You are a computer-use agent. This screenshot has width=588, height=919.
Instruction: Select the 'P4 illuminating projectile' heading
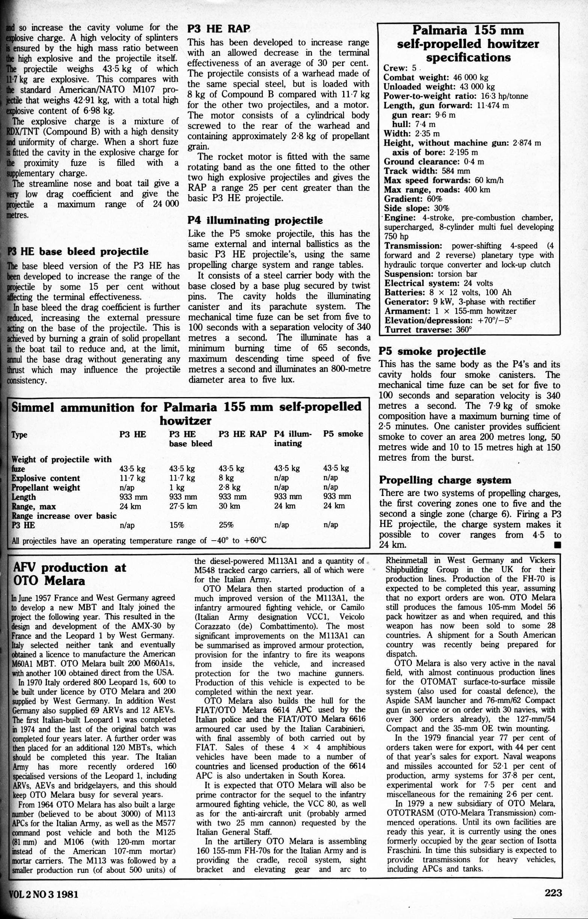click(x=255, y=221)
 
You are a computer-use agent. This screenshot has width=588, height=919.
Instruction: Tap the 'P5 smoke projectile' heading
click(x=432, y=351)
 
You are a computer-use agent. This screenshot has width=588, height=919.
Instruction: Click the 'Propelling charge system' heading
click(x=445, y=480)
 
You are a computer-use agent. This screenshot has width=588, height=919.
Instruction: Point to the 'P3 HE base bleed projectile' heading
click(x=78, y=251)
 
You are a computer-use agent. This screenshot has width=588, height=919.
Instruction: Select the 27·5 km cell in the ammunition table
click(x=183, y=506)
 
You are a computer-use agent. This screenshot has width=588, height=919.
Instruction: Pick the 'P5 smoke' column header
click(x=343, y=434)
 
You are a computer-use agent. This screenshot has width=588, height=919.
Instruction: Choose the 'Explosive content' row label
click(x=46, y=478)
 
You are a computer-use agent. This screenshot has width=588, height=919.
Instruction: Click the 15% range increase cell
click(x=177, y=525)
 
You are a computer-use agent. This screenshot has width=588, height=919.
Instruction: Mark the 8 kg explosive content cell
click(x=226, y=478)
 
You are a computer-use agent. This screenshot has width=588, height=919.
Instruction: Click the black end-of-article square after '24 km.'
click(x=558, y=545)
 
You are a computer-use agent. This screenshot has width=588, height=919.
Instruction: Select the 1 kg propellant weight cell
click(x=177, y=487)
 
